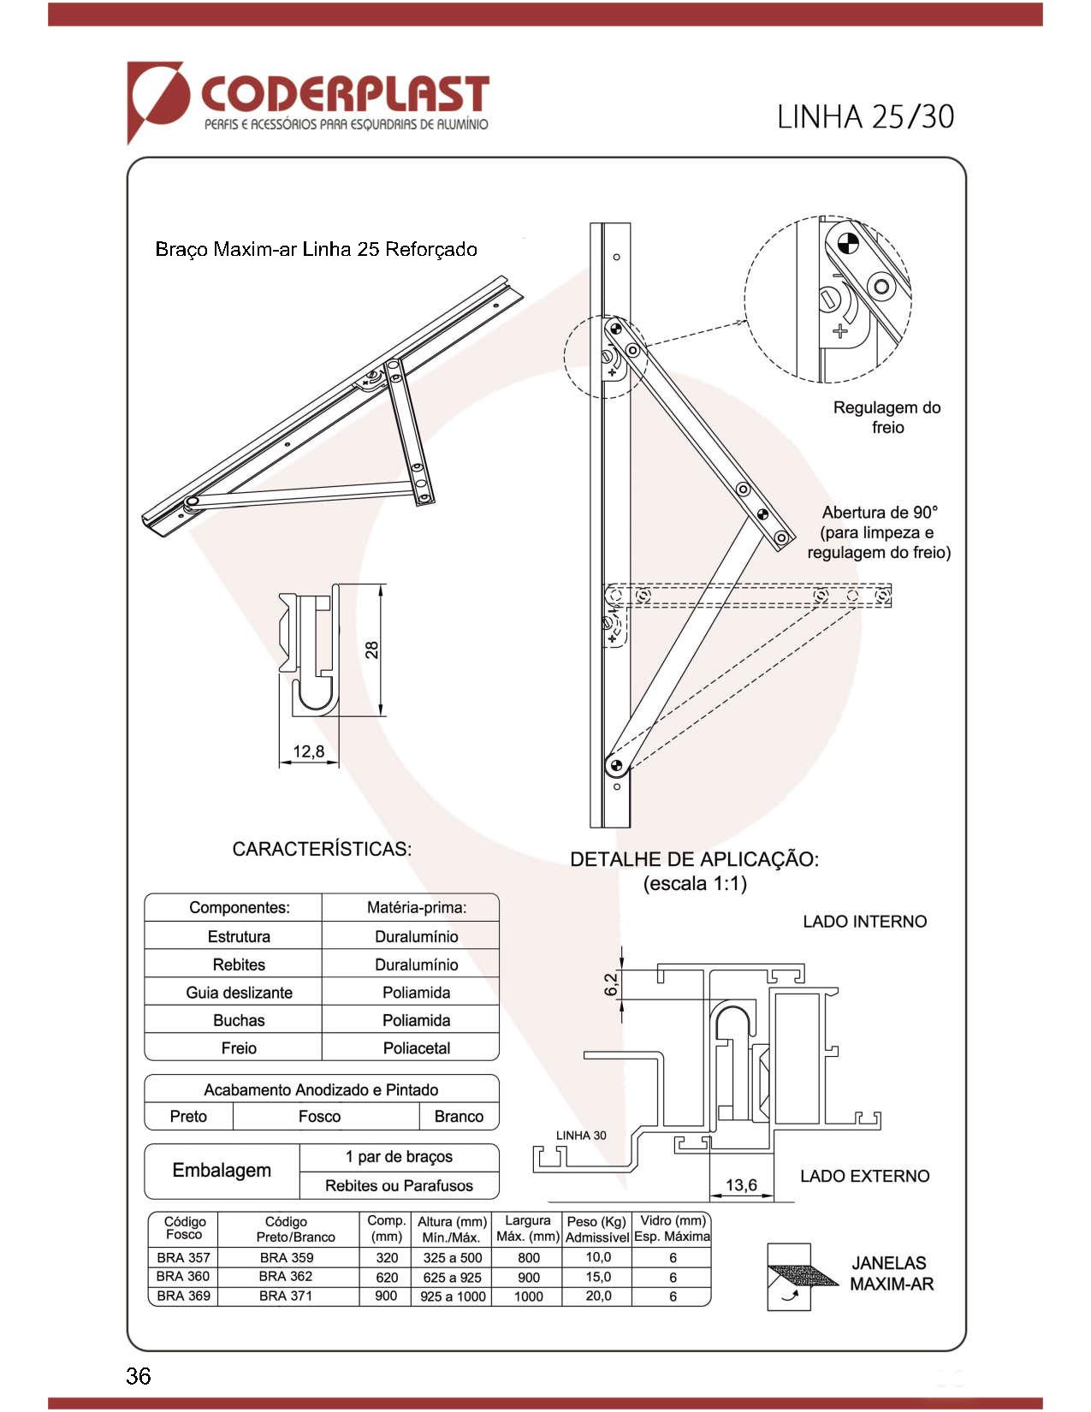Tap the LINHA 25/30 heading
click(x=865, y=116)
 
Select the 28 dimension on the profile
click(x=372, y=650)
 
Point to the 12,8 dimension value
click(x=308, y=751)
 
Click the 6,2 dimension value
click(x=611, y=984)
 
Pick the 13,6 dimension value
click(x=741, y=1184)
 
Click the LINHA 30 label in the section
click(x=581, y=1135)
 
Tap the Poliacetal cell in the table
click(x=416, y=1048)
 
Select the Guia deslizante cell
click(x=239, y=993)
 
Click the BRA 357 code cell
click(x=184, y=1257)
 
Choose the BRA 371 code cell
click(x=286, y=1296)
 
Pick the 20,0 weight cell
click(x=598, y=1296)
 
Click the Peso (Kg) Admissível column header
click(x=597, y=1229)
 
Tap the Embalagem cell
click(x=222, y=1170)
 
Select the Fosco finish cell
click(x=319, y=1116)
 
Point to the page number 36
click(x=139, y=1375)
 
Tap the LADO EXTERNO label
click(x=864, y=1176)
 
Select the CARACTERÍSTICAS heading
click(x=322, y=849)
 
